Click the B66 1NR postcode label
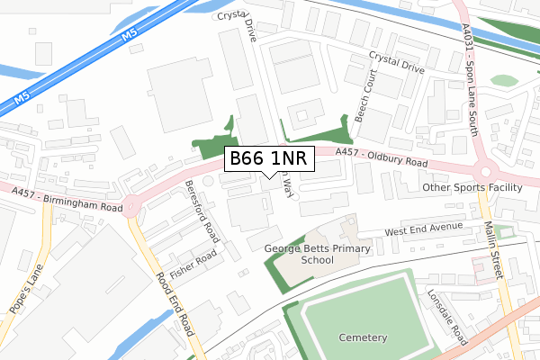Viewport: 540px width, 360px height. pos(269,159)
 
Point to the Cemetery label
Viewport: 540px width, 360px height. pos(364,337)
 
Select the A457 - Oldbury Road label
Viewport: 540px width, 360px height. pos(382,158)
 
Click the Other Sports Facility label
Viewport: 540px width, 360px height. pos(472,188)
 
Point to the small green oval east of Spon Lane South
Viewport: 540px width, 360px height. pos(504,80)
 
